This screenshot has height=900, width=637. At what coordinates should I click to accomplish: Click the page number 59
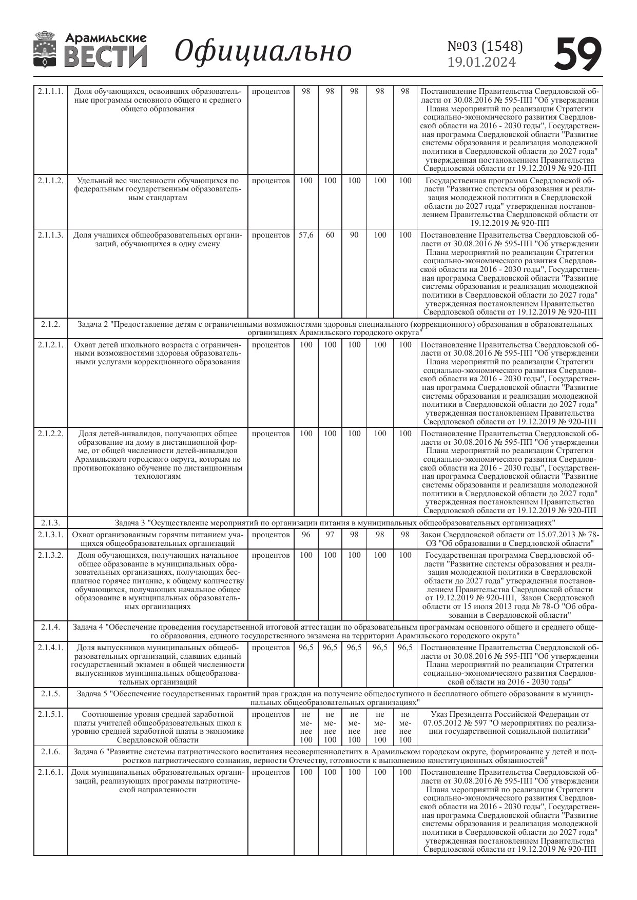tap(578, 53)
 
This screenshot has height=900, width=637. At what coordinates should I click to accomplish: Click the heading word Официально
tap(263, 51)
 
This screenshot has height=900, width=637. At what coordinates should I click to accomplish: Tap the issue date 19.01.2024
tap(481, 63)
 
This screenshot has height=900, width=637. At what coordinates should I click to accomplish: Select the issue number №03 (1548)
tap(485, 46)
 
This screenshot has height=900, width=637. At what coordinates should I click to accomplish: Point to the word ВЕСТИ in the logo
tap(106, 56)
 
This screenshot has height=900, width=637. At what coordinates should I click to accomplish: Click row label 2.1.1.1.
tap(50, 92)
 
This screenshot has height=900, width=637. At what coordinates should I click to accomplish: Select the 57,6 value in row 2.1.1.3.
tap(306, 235)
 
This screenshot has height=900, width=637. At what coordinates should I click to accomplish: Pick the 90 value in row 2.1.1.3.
tap(354, 235)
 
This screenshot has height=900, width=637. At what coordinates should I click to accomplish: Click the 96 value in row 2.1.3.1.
tap(306, 535)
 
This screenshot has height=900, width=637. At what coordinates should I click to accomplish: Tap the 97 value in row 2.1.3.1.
tap(330, 535)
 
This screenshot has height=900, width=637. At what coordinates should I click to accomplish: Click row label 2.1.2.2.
tap(50, 434)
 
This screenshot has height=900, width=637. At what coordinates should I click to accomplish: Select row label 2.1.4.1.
tap(50, 648)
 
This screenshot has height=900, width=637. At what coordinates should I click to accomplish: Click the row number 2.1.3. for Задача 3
tap(50, 523)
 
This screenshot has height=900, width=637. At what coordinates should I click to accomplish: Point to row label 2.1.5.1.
tap(50, 714)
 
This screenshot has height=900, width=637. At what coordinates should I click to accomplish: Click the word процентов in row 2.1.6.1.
tap(271, 772)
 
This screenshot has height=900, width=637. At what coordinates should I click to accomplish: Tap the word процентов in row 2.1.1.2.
tap(271, 181)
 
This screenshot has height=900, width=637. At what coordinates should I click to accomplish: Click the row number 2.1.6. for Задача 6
tap(50, 752)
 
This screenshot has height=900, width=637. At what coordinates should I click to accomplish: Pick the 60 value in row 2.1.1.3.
tap(330, 235)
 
